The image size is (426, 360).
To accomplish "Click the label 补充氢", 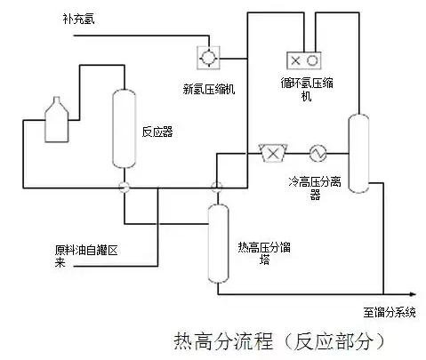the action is tap(78, 19).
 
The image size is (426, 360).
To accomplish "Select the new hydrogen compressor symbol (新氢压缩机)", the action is tap(208, 58).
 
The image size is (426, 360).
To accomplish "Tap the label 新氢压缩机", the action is tap(209, 89).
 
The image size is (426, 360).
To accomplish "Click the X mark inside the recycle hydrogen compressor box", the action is tap(295, 60).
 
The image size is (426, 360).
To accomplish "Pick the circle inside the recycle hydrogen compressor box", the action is tap(312, 60).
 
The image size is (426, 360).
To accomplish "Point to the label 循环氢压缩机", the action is tap(307, 89).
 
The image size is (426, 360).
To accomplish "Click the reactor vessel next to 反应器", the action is tap(125, 129).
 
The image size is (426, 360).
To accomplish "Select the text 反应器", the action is tap(157, 132).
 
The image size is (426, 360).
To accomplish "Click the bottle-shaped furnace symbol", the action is tap(56, 119).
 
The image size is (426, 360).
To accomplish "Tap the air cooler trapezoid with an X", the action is tap(273, 153).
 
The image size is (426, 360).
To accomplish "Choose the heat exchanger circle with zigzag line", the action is tap(317, 154).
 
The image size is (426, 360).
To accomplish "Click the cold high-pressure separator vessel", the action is tap(358, 154).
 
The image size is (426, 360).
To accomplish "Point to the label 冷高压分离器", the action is tap(315, 188).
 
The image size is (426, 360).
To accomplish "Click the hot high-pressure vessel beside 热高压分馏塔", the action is tap(218, 244).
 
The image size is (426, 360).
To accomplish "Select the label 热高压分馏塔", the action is tap(264, 252).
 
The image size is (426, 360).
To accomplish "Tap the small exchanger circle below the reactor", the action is tap(125, 187).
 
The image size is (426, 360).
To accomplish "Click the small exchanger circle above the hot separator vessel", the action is tap(217, 187).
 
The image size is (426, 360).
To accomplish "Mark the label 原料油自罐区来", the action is tap(86, 256).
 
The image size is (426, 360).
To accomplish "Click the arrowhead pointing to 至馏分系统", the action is tap(413, 294).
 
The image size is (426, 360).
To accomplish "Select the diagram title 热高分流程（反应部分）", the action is tap(278, 341).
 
